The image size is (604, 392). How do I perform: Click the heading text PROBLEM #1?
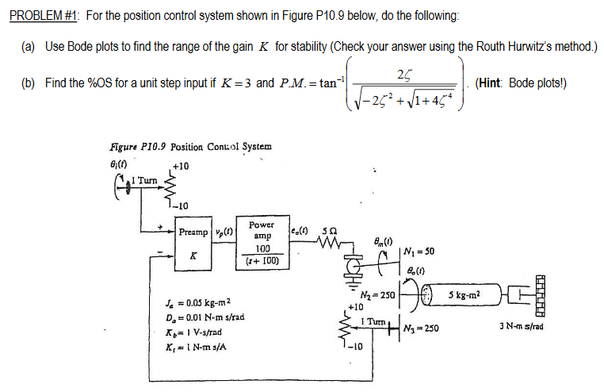click(x=39, y=17)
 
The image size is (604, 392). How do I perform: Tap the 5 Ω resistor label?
click(x=325, y=230)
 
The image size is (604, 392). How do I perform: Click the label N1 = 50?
click(x=417, y=252)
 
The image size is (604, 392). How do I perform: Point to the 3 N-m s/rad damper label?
click(x=522, y=327)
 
